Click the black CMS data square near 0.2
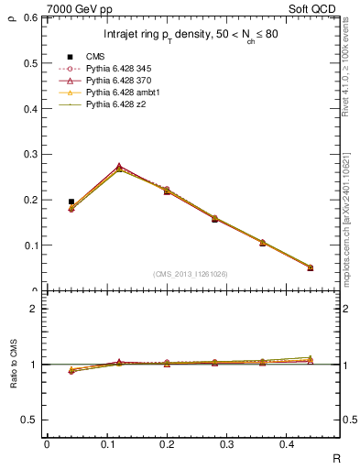click(x=71, y=202)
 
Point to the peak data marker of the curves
click(x=119, y=168)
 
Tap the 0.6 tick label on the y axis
click(x=30, y=18)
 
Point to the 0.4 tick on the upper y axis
click(x=30, y=109)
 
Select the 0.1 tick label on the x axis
click(x=119, y=444)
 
